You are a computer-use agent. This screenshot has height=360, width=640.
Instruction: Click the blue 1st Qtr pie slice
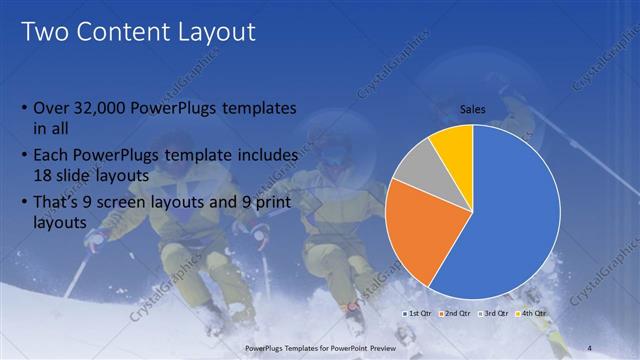pos(510,215)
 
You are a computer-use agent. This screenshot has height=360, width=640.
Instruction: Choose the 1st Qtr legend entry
pos(418,314)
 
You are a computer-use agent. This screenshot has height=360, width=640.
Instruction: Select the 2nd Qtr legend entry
pos(455,314)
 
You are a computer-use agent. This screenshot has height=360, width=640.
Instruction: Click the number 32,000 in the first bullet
pos(102,108)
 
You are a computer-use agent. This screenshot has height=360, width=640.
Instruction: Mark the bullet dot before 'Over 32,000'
pos(24,108)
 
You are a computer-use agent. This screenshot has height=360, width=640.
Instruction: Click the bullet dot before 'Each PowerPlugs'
pos(24,157)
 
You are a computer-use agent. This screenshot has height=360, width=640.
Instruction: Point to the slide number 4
pos(589,347)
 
